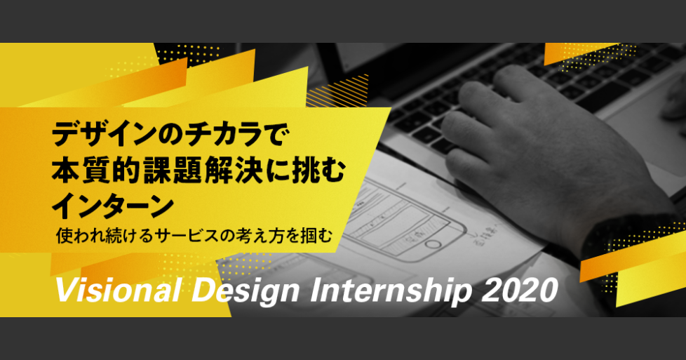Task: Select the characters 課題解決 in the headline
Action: (x=198, y=171)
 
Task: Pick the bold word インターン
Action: (x=113, y=206)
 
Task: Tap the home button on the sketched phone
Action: (x=433, y=244)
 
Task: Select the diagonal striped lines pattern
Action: (x=337, y=91)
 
